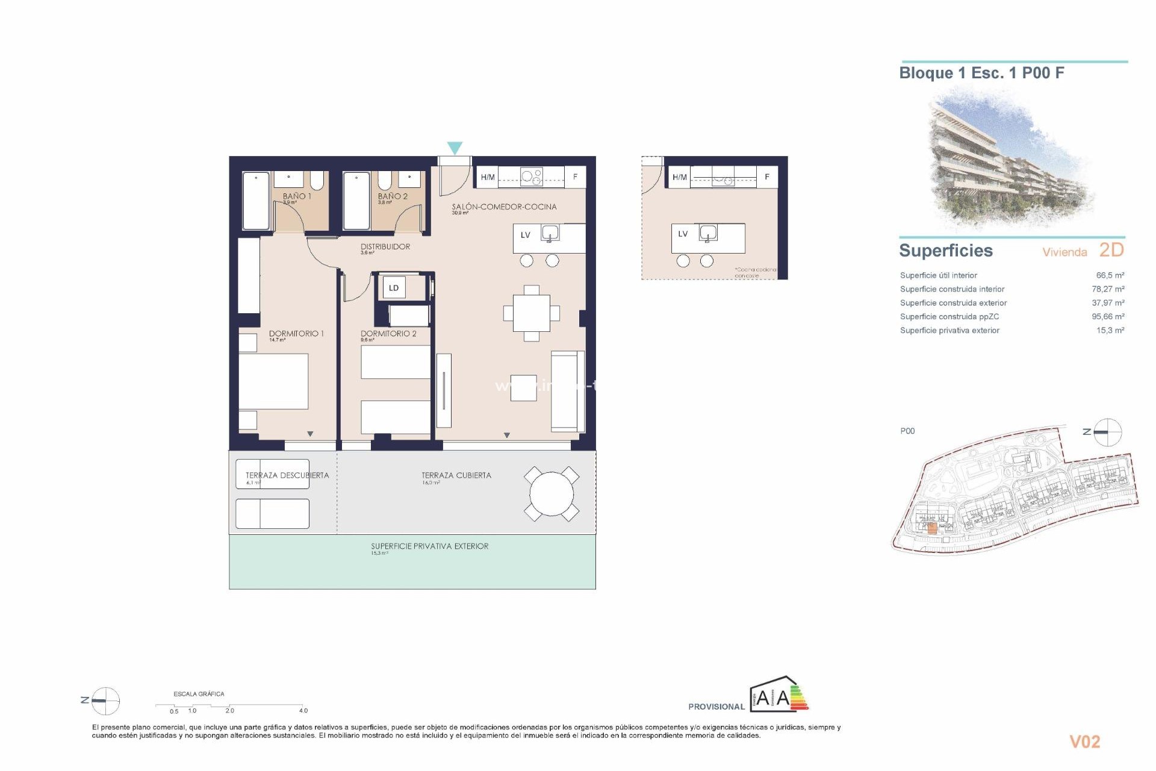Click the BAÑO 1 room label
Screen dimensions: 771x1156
297,196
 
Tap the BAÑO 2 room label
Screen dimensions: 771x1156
393,196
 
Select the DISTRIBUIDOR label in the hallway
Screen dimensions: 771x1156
385,246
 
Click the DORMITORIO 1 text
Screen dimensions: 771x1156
296,333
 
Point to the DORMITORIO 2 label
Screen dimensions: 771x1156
388,333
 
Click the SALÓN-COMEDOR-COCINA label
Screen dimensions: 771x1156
504,207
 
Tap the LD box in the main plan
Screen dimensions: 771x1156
394,288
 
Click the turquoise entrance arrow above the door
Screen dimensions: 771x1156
455,148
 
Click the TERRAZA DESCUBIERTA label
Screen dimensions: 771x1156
287,475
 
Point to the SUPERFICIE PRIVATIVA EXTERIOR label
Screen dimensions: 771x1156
429,546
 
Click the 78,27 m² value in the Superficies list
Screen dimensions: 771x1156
1108,289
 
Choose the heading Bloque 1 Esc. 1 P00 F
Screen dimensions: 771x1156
981,73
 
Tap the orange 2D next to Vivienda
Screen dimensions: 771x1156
1111,249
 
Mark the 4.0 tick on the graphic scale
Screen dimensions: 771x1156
303,710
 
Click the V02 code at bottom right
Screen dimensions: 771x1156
1084,741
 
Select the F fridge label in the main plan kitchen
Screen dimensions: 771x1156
575,177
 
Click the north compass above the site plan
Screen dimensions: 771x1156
1107,432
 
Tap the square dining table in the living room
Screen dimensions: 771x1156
531,313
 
